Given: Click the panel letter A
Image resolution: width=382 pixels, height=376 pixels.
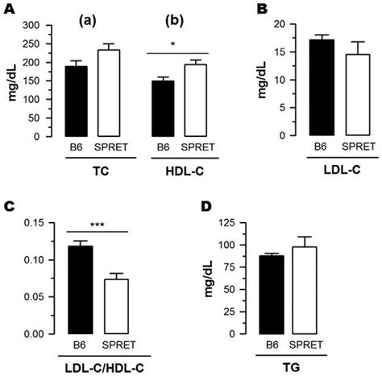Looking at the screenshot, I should click(9, 10).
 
